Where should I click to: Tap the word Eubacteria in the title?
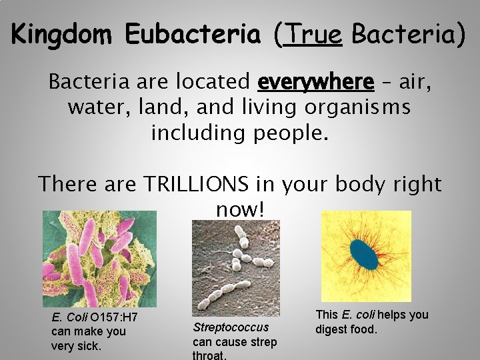click(193, 34)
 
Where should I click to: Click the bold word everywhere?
click(315, 82)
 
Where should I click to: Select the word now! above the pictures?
click(240, 209)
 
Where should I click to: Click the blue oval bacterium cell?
click(363, 254)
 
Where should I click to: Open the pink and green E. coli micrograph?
click(99, 259)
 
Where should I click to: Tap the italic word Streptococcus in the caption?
click(231, 327)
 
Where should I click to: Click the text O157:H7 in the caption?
click(114, 317)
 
